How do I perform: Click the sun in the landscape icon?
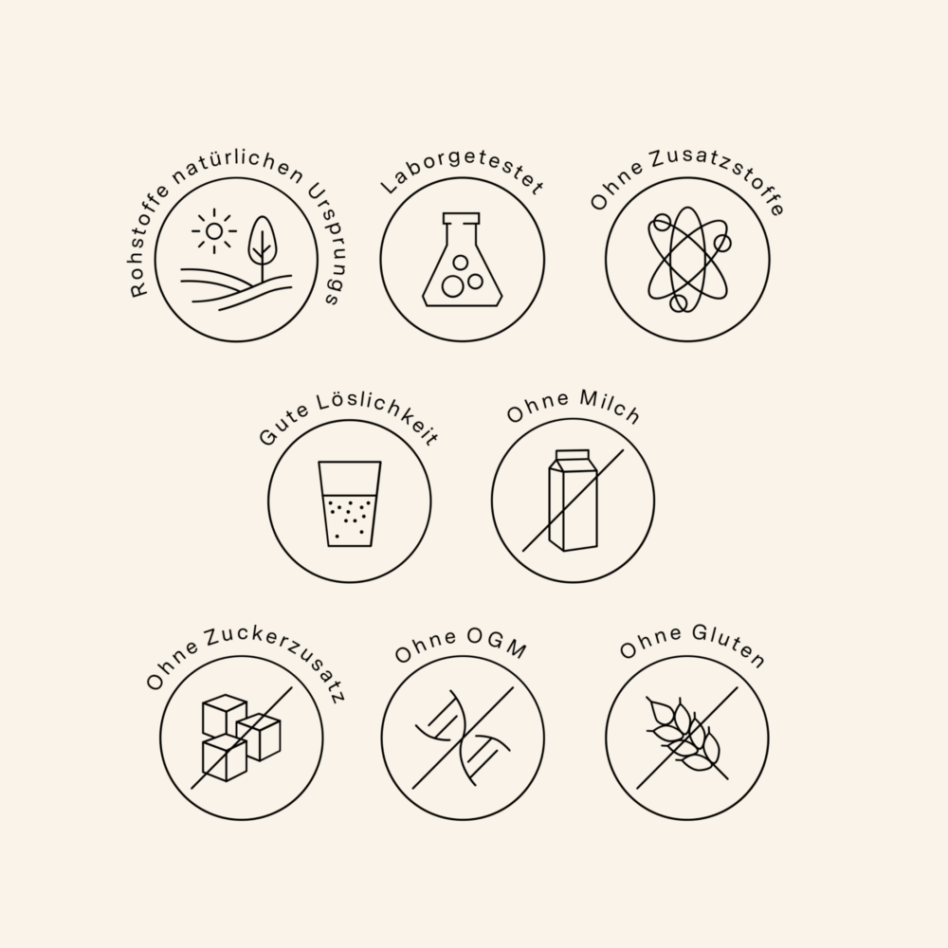click(214, 231)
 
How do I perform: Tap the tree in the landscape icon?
click(262, 247)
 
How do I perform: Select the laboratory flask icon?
click(462, 260)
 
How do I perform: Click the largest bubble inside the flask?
click(452, 286)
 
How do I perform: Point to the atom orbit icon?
click(688, 260)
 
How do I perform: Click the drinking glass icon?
click(350, 504)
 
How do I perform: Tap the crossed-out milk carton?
click(573, 501)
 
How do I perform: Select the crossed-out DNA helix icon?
click(463, 738)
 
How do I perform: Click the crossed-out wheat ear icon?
click(686, 738)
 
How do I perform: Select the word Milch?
click(610, 407)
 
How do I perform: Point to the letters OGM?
click(497, 642)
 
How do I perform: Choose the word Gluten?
click(729, 646)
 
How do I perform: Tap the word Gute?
click(283, 426)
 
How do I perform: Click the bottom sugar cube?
click(225, 758)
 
